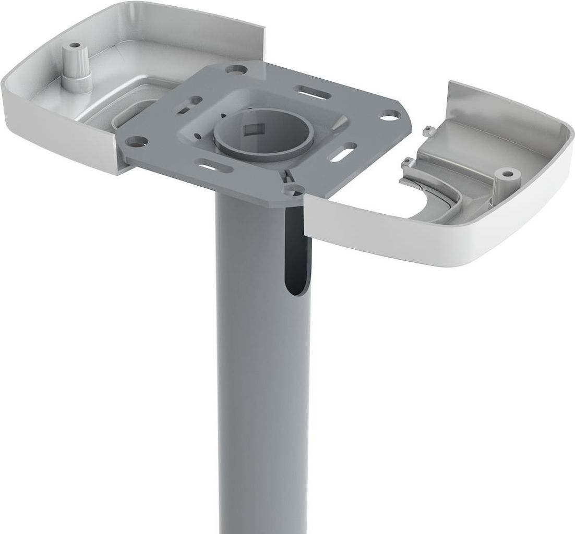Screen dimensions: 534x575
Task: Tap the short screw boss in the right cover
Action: [503, 176]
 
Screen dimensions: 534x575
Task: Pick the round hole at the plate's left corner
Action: [137, 141]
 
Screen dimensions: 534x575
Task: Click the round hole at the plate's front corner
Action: [296, 187]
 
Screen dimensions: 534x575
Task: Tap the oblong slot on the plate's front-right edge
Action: [345, 154]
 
